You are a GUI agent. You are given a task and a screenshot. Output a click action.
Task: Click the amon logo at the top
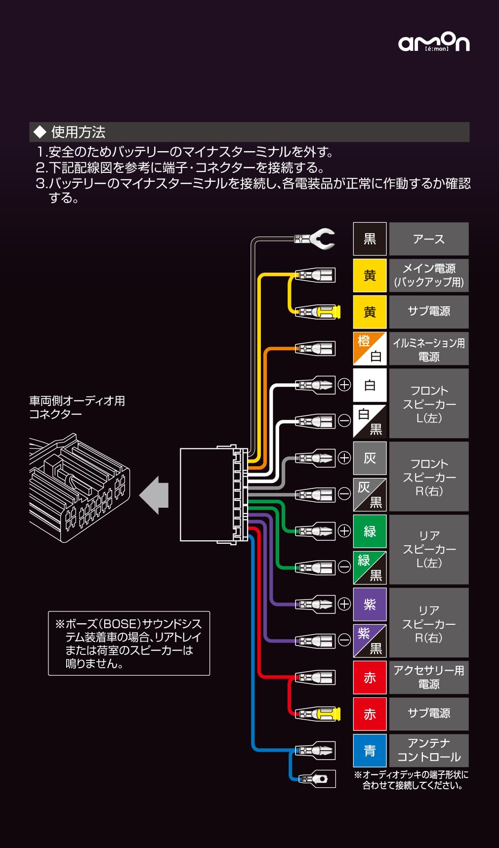(434, 42)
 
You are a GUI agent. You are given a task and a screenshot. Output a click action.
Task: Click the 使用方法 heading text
(78, 132)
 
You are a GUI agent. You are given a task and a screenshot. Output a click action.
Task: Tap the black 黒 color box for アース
(370, 239)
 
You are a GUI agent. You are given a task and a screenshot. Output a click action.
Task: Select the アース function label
(428, 239)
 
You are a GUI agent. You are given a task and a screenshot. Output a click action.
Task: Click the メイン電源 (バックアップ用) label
(428, 275)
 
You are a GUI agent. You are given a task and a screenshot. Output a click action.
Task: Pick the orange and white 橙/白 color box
(370, 348)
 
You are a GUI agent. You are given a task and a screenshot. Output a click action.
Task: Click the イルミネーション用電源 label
(428, 349)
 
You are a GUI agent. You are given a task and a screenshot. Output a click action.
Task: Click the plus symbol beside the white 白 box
(344, 384)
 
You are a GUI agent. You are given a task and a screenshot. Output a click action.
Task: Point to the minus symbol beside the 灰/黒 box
(344, 494)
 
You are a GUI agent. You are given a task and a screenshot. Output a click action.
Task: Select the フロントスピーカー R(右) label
(428, 477)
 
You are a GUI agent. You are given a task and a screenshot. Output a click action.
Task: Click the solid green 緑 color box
(370, 531)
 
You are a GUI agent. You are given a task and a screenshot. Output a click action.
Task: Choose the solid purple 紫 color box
(370, 604)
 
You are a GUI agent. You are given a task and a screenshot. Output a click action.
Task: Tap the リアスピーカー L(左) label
(428, 549)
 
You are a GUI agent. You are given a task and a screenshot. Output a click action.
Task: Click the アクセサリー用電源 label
(428, 677)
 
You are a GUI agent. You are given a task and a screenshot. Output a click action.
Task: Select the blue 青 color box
(370, 750)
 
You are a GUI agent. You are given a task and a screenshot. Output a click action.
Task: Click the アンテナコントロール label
(428, 750)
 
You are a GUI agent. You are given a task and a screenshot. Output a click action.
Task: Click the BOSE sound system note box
(129, 643)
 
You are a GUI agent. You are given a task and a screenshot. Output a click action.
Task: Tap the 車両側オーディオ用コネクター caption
(77, 407)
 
